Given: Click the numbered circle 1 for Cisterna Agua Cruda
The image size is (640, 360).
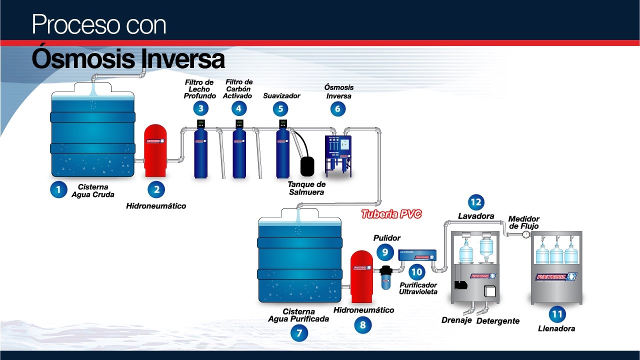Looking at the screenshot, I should (x=58, y=189).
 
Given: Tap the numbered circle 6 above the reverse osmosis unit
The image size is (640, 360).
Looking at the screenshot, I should (x=337, y=108).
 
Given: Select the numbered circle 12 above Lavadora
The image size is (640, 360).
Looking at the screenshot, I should (x=476, y=202).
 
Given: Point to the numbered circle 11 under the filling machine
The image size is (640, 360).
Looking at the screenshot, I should (x=556, y=314).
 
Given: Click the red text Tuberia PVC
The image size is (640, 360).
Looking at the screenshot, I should (x=391, y=214).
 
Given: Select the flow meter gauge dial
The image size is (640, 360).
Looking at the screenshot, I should (x=526, y=234).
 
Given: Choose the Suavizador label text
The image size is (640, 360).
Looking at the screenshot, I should (x=281, y=95).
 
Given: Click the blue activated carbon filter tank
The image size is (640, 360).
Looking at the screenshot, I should (x=239, y=152).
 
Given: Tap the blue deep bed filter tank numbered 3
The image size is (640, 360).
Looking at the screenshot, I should (x=200, y=152).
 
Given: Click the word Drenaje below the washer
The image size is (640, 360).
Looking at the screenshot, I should (x=456, y=320).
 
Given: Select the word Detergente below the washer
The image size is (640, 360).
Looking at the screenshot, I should (x=497, y=321).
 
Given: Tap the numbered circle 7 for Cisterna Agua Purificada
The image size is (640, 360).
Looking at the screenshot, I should (x=299, y=333).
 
